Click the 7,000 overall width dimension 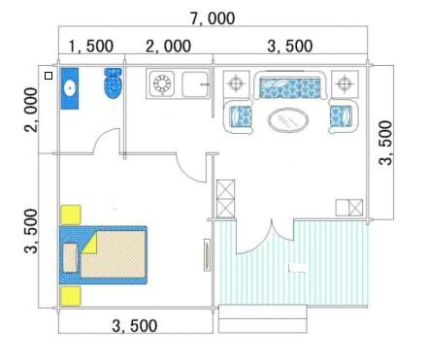point(213,18)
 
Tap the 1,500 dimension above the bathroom point(91,46)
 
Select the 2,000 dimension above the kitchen point(168,46)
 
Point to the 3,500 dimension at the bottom point(135,326)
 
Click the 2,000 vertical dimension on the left point(31,110)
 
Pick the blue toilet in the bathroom point(113,82)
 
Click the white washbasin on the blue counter point(70,87)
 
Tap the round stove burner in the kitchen point(162,83)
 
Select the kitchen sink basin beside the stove point(195,84)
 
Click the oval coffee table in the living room point(288,120)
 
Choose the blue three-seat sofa point(290,84)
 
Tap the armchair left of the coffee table point(239,116)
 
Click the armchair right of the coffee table point(344,116)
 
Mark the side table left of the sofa point(237,83)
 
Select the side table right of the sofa point(345,83)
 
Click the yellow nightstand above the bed point(71,214)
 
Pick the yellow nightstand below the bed point(71,296)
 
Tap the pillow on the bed point(70,258)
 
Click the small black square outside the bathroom point(49,76)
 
